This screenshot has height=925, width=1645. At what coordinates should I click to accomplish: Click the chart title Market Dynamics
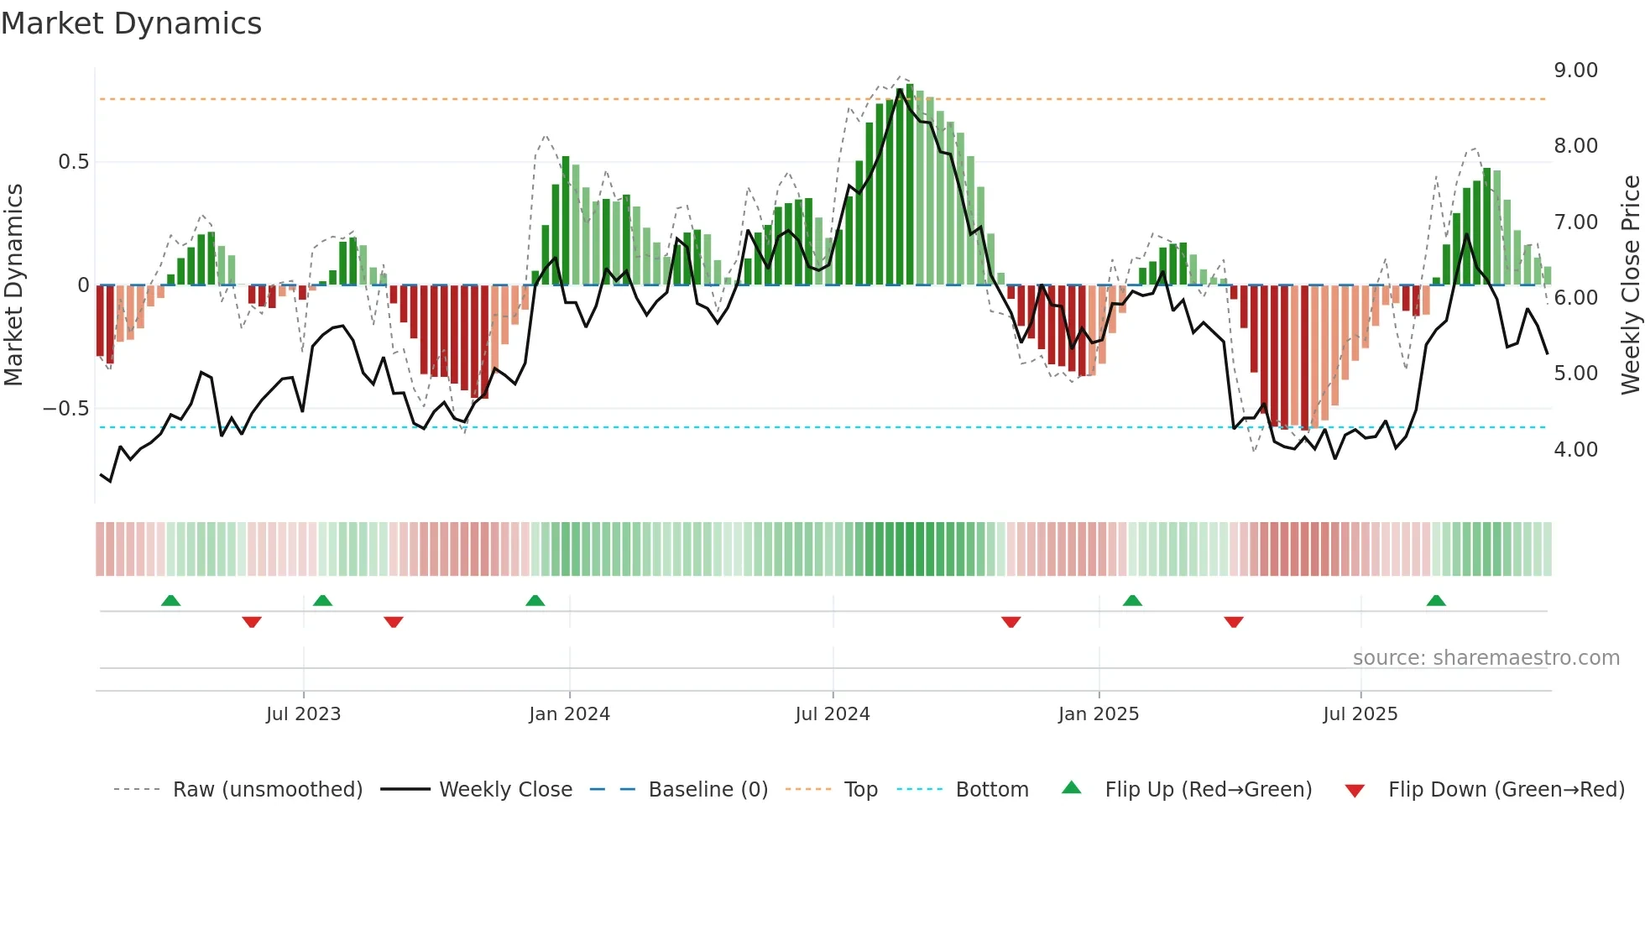click(131, 24)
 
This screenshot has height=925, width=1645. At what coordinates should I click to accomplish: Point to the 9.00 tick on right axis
click(1575, 71)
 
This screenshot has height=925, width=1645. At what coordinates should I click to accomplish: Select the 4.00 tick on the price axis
click(1575, 450)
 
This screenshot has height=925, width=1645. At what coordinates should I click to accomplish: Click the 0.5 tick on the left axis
click(73, 162)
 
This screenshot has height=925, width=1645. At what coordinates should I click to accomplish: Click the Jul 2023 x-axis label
click(303, 714)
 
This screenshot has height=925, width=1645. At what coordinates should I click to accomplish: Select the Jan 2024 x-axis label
click(569, 714)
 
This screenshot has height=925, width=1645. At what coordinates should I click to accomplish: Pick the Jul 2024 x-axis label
click(832, 714)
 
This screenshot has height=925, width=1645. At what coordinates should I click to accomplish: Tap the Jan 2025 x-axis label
click(1098, 714)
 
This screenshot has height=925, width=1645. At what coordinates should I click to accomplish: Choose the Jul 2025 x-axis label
click(1360, 714)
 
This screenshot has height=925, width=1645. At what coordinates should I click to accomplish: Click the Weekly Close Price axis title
click(1630, 285)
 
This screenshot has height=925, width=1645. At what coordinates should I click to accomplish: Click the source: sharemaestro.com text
click(1486, 658)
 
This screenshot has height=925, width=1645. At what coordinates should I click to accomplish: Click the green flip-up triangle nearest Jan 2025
click(1132, 601)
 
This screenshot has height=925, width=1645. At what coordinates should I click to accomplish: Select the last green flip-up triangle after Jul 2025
click(1436, 601)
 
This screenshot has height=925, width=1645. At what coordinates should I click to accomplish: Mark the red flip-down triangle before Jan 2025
click(1010, 622)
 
